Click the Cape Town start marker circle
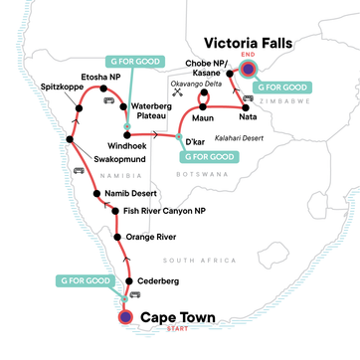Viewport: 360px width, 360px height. [126, 317]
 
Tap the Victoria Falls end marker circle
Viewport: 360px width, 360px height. [248, 69]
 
